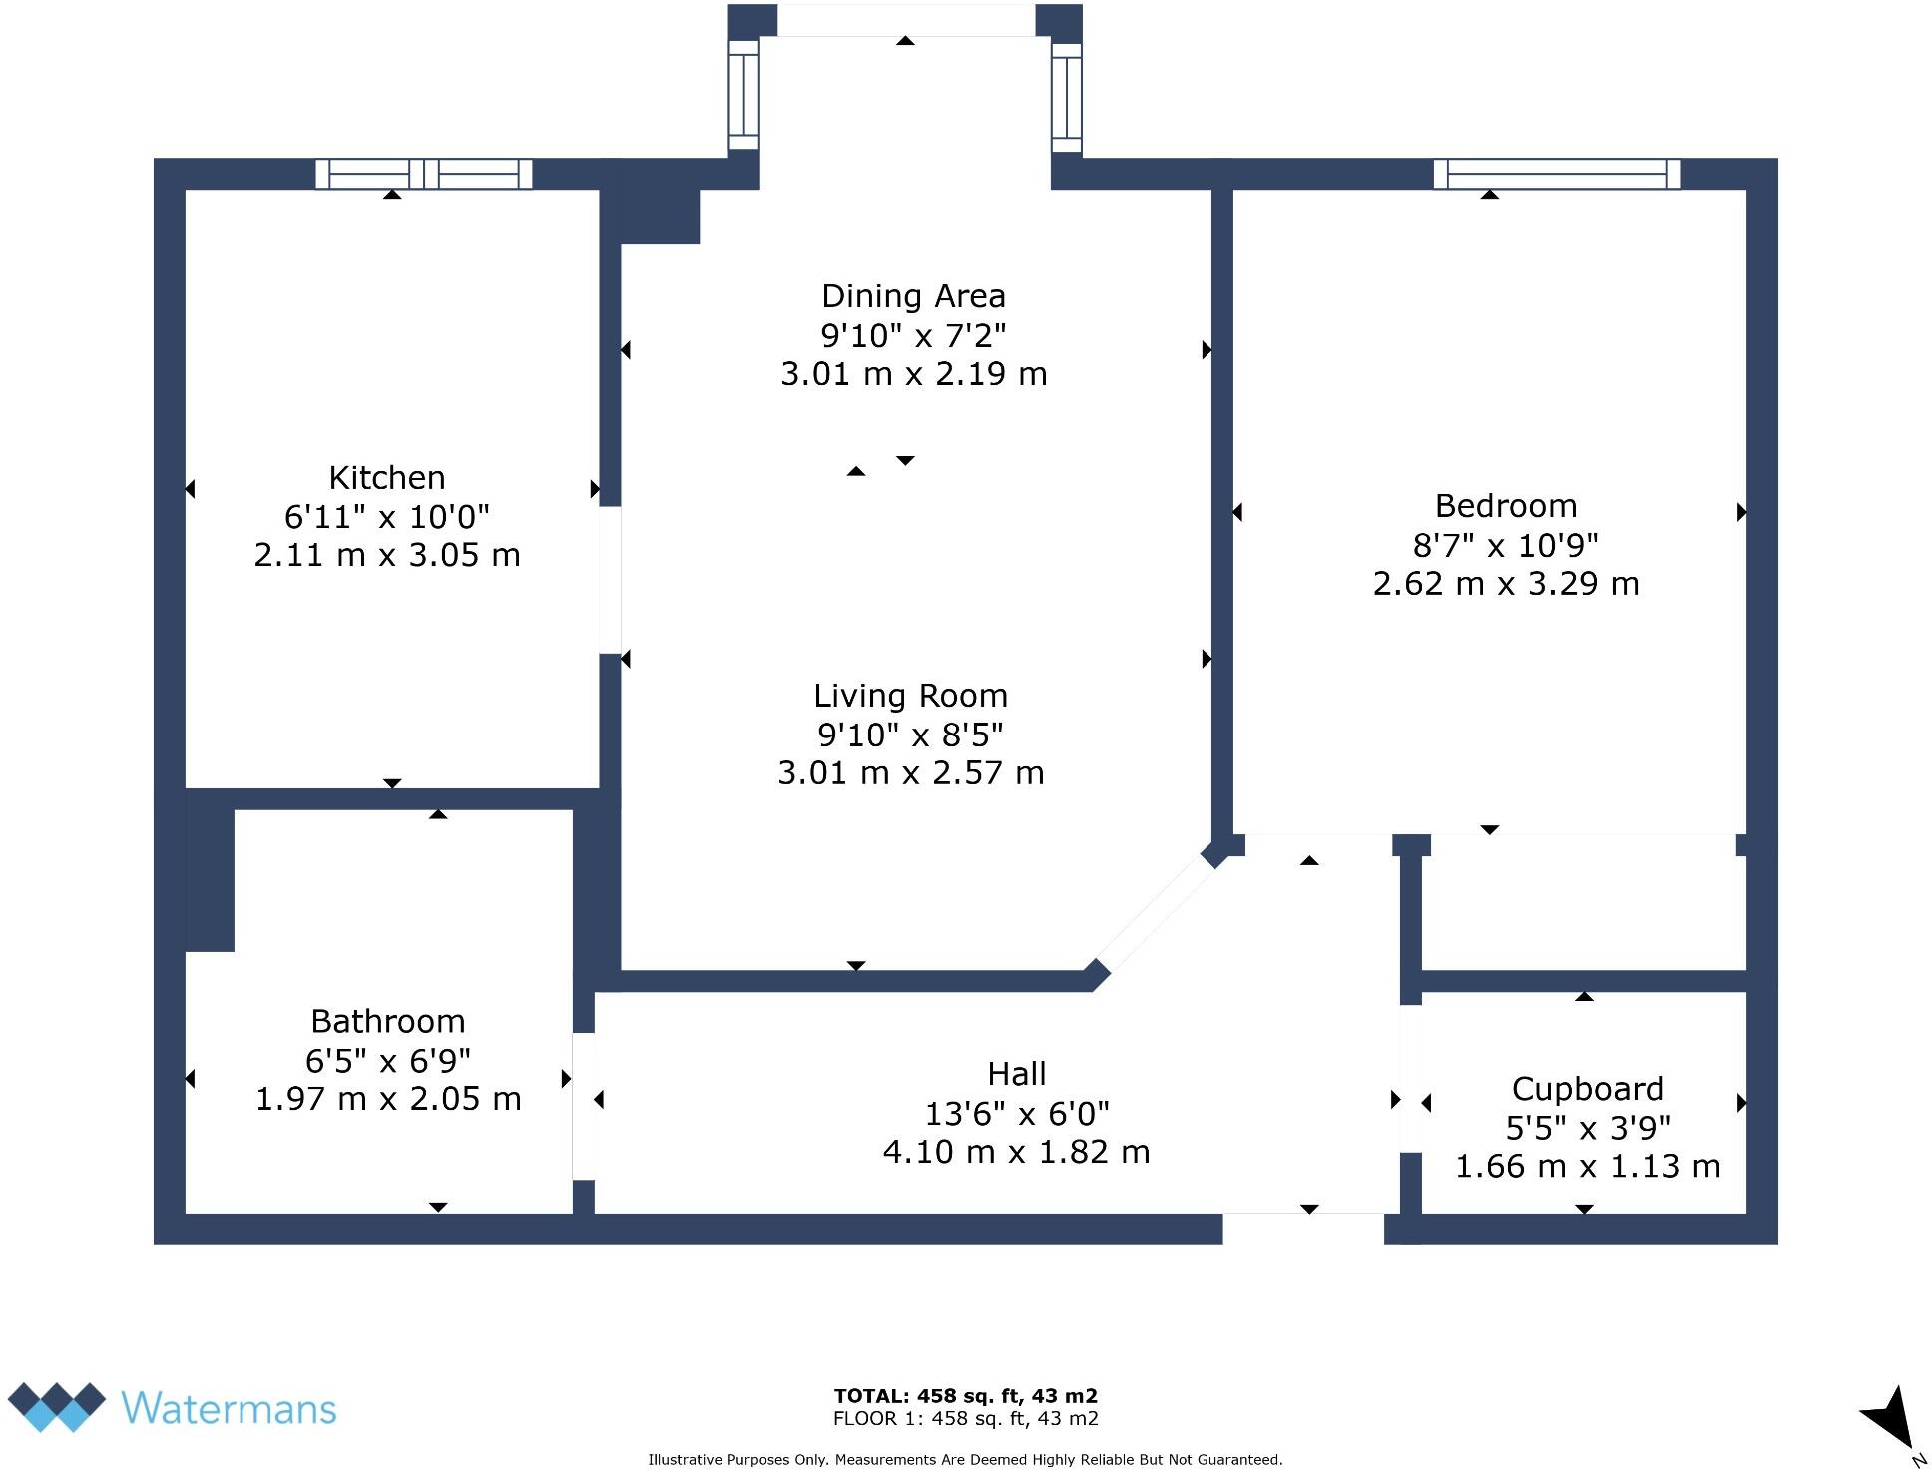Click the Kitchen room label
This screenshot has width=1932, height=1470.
[387, 478]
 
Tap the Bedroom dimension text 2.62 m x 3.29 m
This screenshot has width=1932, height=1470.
[1505, 584]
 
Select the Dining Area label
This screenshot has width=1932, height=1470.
[913, 296]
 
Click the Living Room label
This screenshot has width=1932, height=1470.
[910, 696]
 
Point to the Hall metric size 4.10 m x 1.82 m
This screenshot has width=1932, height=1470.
[1016, 1152]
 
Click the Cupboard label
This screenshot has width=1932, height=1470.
[1587, 1088]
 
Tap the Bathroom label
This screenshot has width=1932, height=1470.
[388, 1021]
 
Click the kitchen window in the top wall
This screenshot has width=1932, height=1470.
[424, 174]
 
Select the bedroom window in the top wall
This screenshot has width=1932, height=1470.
[1557, 174]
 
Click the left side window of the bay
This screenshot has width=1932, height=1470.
[743, 95]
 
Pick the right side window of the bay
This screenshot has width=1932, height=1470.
[1067, 97]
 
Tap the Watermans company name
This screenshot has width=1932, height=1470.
[229, 1408]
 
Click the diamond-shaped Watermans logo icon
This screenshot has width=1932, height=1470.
[57, 1406]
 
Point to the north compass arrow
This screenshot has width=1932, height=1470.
[1888, 1418]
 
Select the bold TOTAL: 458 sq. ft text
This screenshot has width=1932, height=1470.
[965, 1396]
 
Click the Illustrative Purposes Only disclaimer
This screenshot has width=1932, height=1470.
[965, 1459]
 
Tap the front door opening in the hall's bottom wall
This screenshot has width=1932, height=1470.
[1303, 1228]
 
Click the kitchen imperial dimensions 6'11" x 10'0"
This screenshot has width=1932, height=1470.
[387, 517]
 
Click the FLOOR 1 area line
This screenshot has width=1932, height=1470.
[965, 1418]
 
